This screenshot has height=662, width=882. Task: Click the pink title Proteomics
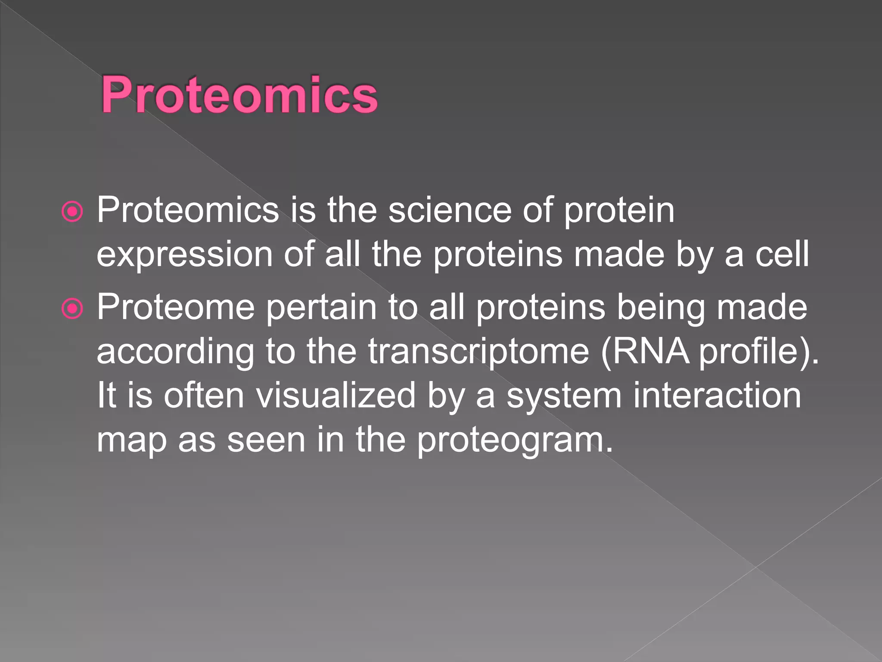239,94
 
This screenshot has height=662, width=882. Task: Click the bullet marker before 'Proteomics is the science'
72,212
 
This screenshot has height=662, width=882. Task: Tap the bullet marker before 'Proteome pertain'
72,309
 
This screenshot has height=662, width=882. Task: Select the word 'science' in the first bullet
450,210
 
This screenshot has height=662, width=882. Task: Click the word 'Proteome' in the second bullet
176,307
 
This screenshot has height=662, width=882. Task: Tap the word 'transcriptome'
478,352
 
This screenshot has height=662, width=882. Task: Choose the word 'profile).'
758,352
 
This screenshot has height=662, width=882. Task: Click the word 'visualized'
336,396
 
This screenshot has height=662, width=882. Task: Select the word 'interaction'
717,396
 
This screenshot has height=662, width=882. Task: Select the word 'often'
204,396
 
